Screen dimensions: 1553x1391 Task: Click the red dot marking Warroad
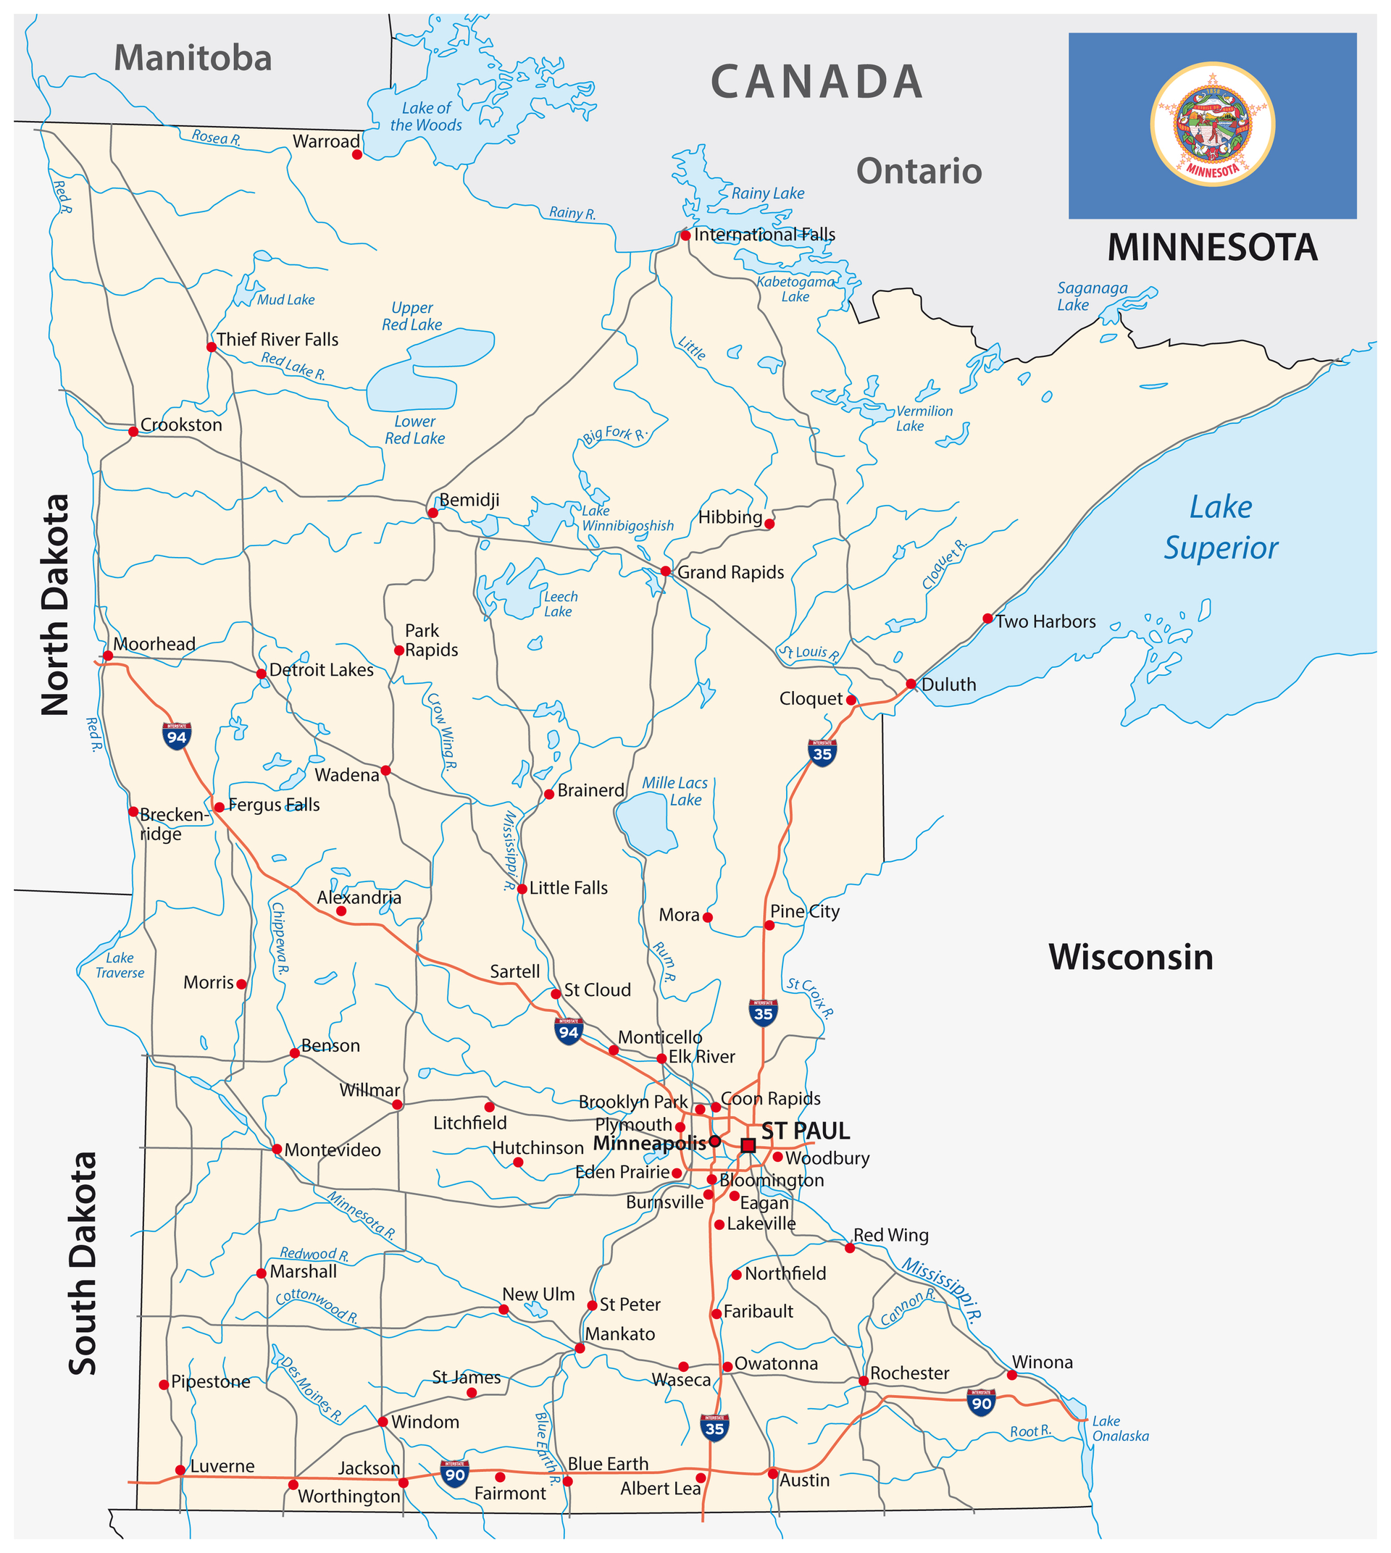pyautogui.click(x=357, y=154)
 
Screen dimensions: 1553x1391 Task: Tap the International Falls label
pyautogui.click(x=764, y=235)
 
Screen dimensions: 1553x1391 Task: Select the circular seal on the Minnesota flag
pyautogui.click(x=1212, y=124)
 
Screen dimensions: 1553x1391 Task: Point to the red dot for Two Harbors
pyautogui.click(x=987, y=619)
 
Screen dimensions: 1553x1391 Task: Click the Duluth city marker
pyautogui.click(x=911, y=684)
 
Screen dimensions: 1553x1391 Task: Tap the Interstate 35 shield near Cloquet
pyautogui.click(x=822, y=753)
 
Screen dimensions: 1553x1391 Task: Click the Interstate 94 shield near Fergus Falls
pyautogui.click(x=177, y=736)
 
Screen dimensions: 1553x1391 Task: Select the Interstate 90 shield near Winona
pyautogui.click(x=982, y=1402)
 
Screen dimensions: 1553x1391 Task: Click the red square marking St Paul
pyautogui.click(x=748, y=1145)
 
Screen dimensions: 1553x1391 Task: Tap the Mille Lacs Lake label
pyautogui.click(x=675, y=791)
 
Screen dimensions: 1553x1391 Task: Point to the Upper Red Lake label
pyautogui.click(x=412, y=317)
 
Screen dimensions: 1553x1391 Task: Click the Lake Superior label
pyautogui.click(x=1221, y=527)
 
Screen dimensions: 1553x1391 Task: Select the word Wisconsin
pyautogui.click(x=1130, y=958)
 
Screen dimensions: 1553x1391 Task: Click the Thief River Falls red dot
pyautogui.click(x=212, y=347)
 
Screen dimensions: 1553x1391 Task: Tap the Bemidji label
pyautogui.click(x=469, y=500)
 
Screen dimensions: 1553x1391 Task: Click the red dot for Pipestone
pyautogui.click(x=164, y=1385)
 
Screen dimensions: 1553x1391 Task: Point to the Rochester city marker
pyautogui.click(x=864, y=1381)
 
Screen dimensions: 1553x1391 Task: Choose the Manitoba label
pyautogui.click(x=193, y=59)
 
